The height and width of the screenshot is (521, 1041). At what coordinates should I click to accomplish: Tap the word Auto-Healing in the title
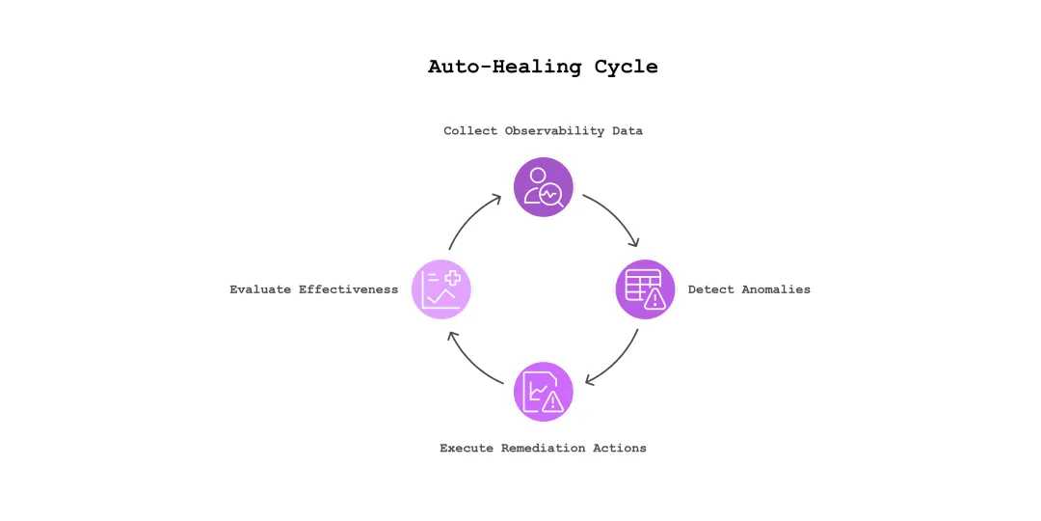pos(505,67)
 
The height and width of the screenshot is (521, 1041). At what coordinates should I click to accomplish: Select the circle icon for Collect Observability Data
pos(544,187)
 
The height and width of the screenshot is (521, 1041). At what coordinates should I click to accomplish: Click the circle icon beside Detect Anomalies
pos(646,289)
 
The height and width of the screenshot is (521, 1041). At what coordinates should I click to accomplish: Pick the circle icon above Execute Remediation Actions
pos(544,392)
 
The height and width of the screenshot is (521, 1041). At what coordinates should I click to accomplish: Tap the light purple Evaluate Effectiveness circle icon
pos(441,289)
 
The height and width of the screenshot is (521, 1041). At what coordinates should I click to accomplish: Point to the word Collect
pos(471,130)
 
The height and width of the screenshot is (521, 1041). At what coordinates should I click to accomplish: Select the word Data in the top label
pos(627,130)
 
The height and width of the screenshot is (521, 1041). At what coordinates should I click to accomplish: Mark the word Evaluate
pos(260,289)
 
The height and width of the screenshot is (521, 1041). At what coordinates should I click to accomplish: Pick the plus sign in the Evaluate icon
pos(452,278)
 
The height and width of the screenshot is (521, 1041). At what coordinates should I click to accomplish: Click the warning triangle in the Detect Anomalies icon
pos(655,299)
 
